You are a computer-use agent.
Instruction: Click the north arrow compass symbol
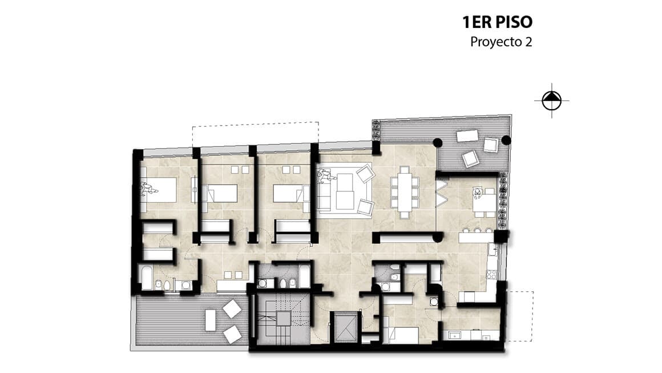[551, 101]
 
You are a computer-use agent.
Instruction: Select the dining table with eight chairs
[405, 192]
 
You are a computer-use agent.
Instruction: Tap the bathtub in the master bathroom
[147, 278]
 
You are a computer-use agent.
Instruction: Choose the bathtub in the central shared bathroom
[304, 275]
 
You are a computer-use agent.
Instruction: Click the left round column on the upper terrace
[438, 142]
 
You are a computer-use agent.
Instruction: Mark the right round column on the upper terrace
[506, 141]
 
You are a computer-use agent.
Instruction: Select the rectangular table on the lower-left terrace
[210, 320]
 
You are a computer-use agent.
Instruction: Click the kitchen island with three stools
[475, 238]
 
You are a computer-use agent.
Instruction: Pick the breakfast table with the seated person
[484, 202]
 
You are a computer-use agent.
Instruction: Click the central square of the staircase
[284, 319]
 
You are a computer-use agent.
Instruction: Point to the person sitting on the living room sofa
[325, 175]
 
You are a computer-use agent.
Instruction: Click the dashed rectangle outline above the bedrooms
[256, 134]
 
